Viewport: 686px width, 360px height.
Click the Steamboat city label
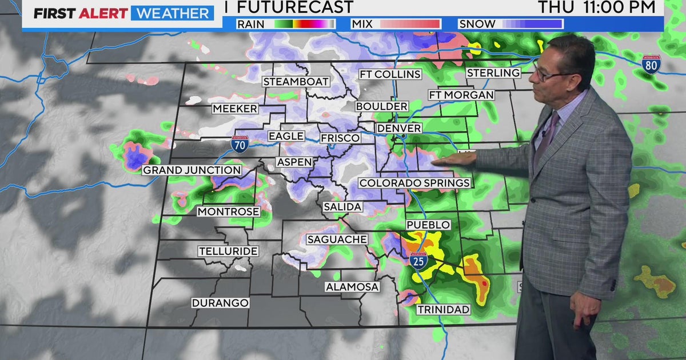296,82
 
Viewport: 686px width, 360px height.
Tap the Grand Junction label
192,170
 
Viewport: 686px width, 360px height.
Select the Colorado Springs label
414,183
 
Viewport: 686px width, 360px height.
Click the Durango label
220,303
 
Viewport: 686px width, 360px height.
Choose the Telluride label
229,251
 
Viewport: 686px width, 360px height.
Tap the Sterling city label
493,73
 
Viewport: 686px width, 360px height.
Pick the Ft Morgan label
461,95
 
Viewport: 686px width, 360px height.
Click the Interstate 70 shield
240,143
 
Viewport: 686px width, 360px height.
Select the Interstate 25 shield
418,260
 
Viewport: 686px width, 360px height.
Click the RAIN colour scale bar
304,24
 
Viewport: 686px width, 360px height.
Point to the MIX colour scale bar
410,24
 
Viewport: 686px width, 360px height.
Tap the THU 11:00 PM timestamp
596,7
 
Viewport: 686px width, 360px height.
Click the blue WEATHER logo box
172,13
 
